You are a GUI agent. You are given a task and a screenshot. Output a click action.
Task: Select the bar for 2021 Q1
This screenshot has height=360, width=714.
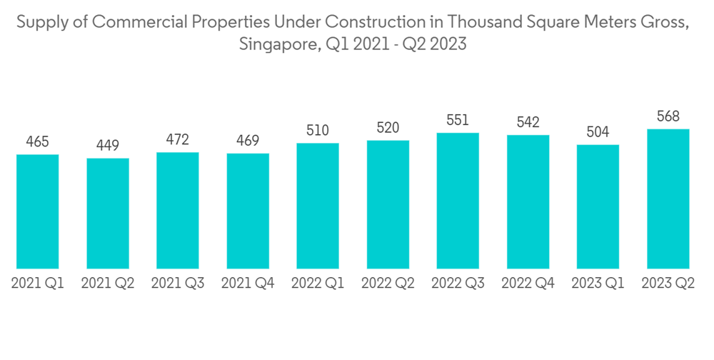click(x=37, y=211)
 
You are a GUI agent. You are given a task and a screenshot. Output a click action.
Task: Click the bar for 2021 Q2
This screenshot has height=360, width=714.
click(x=108, y=214)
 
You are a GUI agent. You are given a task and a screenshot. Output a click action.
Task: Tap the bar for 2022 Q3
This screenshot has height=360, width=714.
click(x=458, y=201)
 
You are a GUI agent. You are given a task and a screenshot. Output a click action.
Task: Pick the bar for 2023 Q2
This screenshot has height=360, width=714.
click(x=668, y=199)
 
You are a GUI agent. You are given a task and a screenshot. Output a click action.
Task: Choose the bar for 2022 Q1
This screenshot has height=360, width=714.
click(x=318, y=206)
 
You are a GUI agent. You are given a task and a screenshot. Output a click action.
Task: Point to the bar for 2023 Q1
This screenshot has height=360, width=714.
click(x=598, y=206)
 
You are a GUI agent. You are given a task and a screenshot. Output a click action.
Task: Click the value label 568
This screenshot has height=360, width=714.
click(x=668, y=116)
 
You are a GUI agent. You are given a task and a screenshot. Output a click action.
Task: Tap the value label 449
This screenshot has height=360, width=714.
click(x=108, y=146)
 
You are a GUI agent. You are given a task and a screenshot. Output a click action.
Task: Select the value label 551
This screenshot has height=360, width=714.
click(x=458, y=120)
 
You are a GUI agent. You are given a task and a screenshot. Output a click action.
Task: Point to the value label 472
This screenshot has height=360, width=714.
click(x=178, y=140)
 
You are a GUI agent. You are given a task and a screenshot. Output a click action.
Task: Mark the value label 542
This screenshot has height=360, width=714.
click(x=528, y=123)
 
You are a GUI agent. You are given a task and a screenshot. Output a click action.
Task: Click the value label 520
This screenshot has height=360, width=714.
click(x=388, y=128)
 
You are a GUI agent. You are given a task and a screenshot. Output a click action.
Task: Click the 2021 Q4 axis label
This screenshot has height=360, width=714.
click(x=248, y=284)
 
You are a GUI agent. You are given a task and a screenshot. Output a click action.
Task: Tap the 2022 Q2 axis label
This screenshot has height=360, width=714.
click(x=388, y=284)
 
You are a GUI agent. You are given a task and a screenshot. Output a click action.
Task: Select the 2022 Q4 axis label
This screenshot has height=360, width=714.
click(x=528, y=284)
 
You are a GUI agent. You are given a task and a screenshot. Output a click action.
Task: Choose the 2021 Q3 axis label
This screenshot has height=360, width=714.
click(x=178, y=284)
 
